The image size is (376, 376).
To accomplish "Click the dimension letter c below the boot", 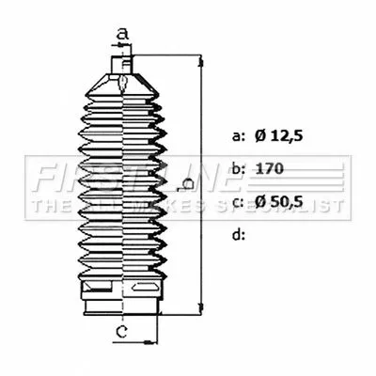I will point(121,332).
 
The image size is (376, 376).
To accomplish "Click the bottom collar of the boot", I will point(122,304).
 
